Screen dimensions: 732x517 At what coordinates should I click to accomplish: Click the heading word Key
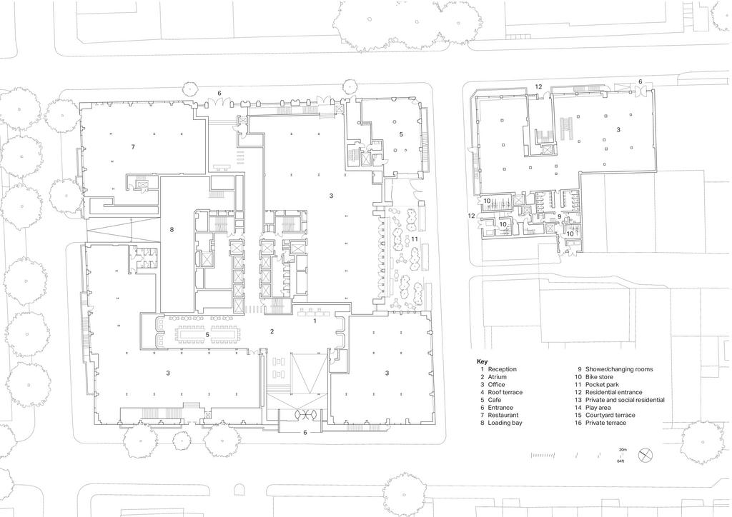[482, 362]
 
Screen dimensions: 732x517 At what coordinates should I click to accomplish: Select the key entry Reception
[503, 369]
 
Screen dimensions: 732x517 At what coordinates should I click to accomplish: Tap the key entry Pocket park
[602, 385]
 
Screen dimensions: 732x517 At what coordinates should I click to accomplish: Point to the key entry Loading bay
[505, 423]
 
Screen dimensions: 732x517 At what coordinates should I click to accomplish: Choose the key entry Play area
[598, 408]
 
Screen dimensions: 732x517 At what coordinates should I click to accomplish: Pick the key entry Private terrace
[606, 423]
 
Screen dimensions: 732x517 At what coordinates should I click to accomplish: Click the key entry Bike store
[600, 376]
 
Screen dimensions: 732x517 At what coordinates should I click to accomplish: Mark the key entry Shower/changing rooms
[619, 369]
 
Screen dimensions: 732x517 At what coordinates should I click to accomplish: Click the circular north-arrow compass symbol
[646, 455]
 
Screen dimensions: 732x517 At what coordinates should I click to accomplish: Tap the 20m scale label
[623, 449]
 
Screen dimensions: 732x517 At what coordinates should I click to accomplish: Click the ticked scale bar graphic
[543, 455]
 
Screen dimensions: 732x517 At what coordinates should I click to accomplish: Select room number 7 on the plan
[133, 147]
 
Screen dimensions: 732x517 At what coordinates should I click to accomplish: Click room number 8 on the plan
[172, 229]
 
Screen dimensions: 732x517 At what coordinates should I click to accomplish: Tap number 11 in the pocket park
[414, 239]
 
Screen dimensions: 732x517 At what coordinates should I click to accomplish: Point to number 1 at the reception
[315, 321]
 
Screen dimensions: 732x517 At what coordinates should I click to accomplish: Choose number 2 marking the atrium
[272, 331]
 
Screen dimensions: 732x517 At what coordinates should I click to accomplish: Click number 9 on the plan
[559, 216]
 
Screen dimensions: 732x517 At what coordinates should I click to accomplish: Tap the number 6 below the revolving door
[305, 433]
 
